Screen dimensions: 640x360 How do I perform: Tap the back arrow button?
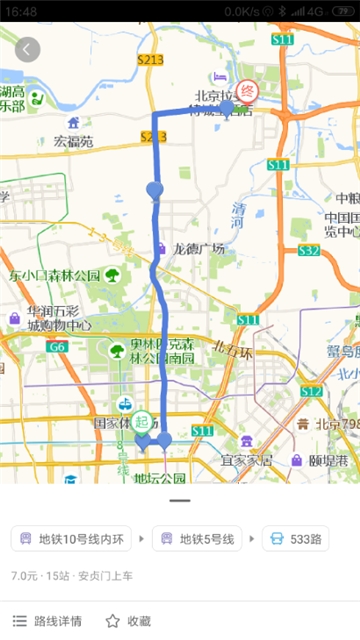tap(27, 49)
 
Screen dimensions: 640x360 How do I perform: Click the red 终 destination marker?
tap(247, 91)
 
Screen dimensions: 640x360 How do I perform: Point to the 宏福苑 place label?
tap(73, 142)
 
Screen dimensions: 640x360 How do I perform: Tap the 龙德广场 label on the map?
tap(199, 249)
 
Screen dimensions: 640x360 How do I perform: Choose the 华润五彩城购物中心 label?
tap(59, 318)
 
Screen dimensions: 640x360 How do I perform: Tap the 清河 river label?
tap(238, 215)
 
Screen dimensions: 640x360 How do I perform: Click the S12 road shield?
tap(311, 391)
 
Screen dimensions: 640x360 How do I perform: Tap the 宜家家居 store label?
tap(246, 460)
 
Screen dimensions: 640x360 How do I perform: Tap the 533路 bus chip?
tap(296, 540)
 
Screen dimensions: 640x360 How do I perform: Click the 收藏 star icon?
tap(113, 621)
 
